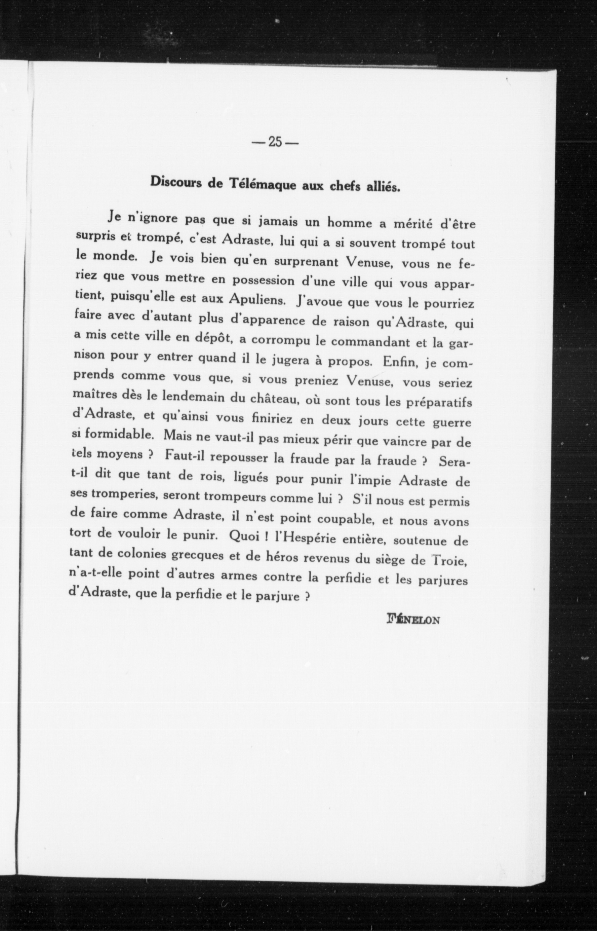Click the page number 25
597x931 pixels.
(x=274, y=142)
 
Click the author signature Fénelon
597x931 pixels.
(x=413, y=619)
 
